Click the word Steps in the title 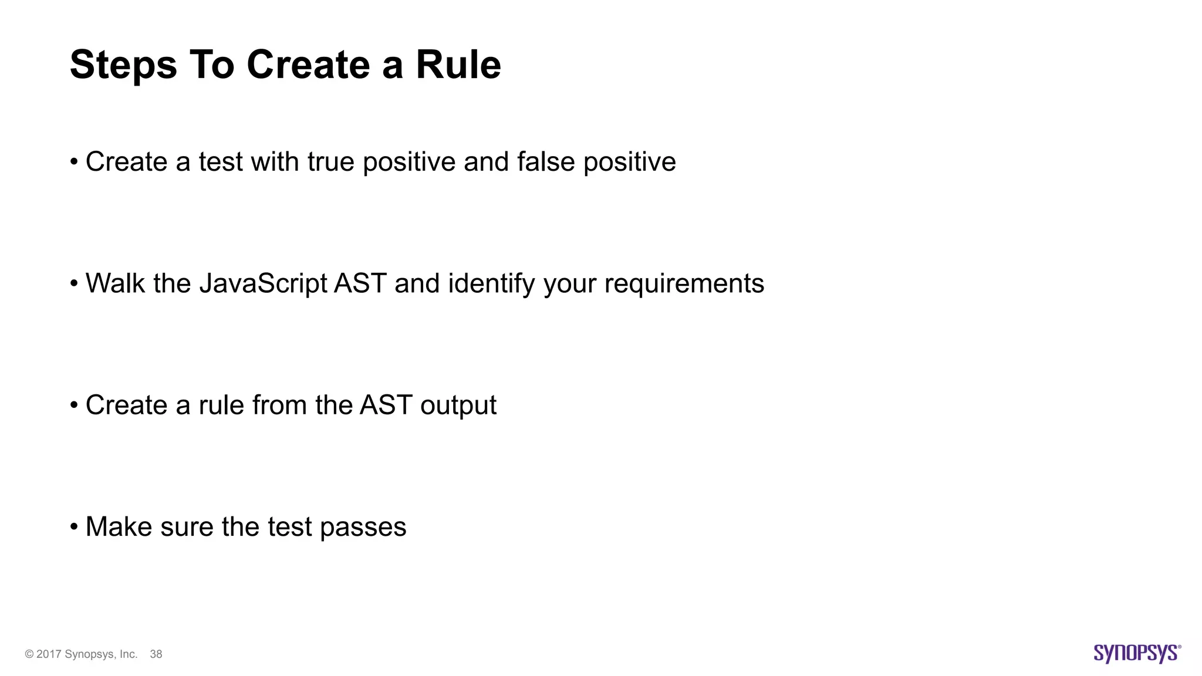pyautogui.click(x=123, y=65)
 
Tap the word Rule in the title pyautogui.click(x=458, y=65)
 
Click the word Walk pyautogui.click(x=115, y=283)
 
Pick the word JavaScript pyautogui.click(x=263, y=284)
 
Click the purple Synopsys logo pyautogui.click(x=1137, y=653)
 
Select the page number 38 pyautogui.click(x=156, y=654)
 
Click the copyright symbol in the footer pyautogui.click(x=29, y=654)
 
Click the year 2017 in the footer pyautogui.click(x=49, y=654)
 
